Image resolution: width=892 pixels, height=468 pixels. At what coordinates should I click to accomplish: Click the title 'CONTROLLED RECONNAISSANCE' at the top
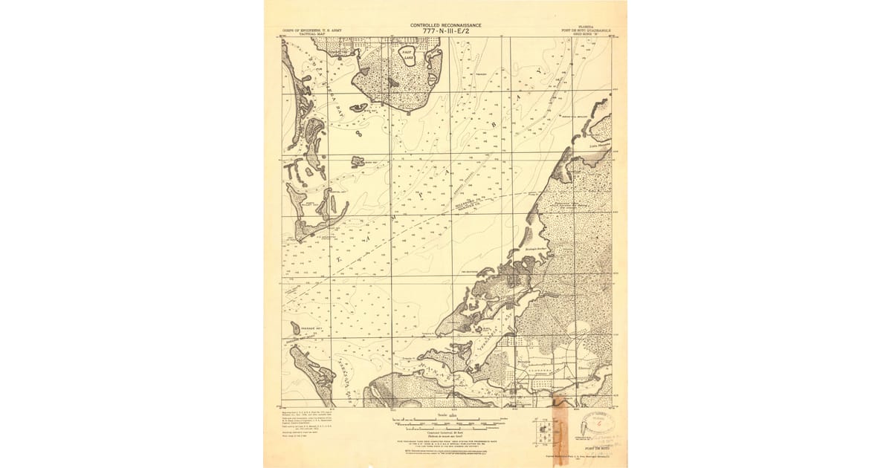(445, 25)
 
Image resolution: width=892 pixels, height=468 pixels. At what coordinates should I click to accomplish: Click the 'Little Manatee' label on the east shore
(598, 146)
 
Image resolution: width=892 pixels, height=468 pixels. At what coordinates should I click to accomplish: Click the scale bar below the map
(445, 425)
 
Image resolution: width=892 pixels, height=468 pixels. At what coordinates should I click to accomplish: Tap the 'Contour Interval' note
(445, 433)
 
